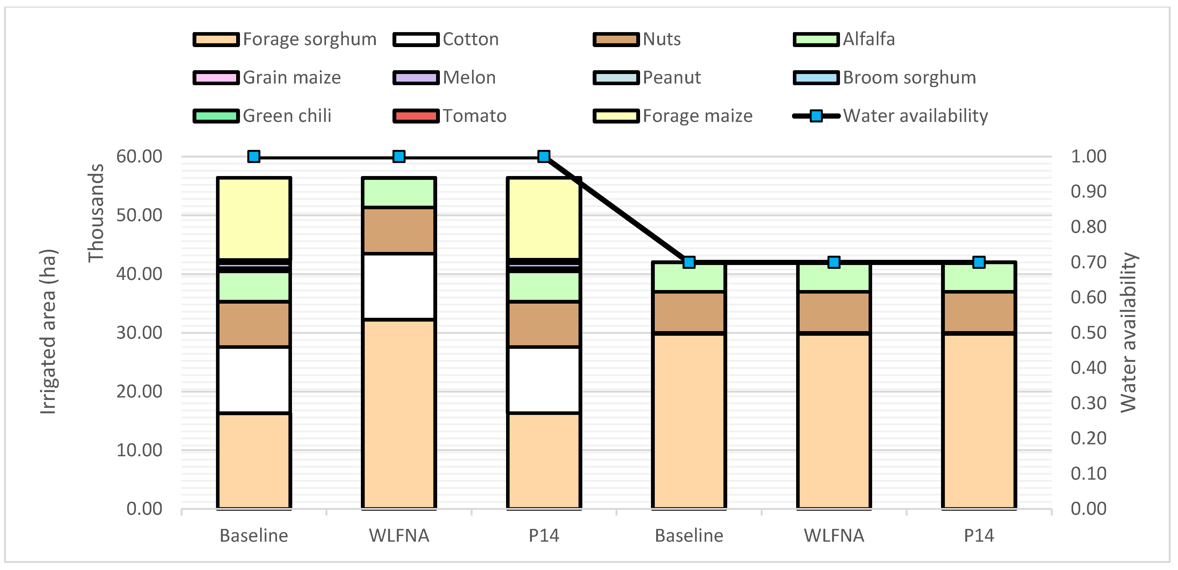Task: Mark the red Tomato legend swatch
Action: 416,116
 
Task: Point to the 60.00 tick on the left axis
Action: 139,157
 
